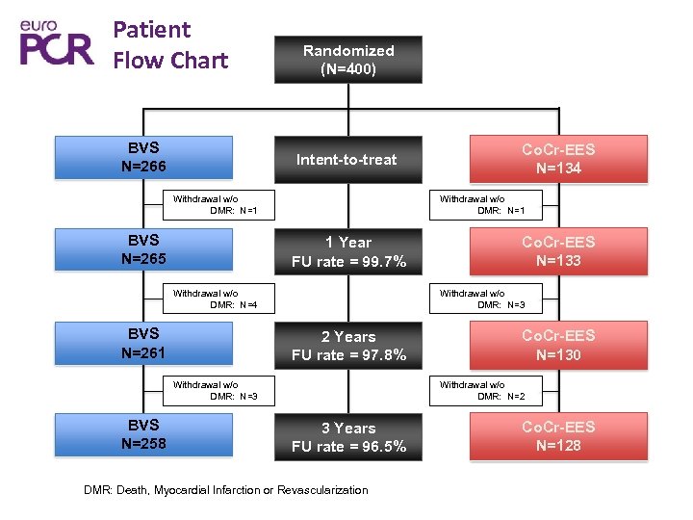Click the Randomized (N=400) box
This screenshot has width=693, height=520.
(348, 60)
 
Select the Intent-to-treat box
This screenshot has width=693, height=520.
(346, 159)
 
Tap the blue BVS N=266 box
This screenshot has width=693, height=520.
(143, 158)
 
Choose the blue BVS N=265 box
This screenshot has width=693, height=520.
(143, 249)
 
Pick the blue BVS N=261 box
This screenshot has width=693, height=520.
(143, 344)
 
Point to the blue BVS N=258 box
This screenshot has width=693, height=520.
(143, 434)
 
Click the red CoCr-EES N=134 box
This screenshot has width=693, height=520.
(558, 159)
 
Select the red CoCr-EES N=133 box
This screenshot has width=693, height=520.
(558, 251)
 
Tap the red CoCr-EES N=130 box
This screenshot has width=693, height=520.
(558, 345)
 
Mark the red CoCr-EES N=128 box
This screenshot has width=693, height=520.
(558, 435)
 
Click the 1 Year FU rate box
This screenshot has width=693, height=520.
(348, 252)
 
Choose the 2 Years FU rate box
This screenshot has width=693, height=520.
(348, 346)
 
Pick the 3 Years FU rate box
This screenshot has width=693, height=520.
(348, 437)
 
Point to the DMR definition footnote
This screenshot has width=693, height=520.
(226, 490)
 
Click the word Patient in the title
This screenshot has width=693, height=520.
(152, 30)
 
